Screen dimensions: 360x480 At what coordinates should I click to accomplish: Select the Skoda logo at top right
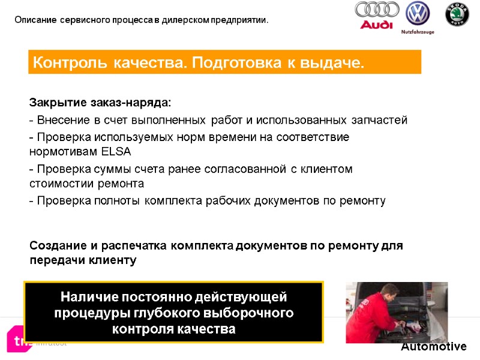point(457,14)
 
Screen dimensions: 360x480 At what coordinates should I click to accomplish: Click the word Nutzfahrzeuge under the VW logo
point(418,32)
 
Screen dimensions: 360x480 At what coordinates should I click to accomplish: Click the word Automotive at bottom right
point(433,346)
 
